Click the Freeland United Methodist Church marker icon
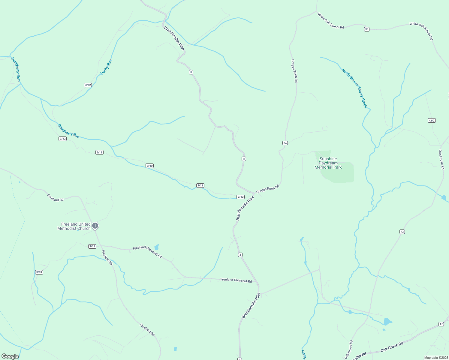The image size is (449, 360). [x=95, y=226]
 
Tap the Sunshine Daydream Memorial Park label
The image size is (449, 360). [x=328, y=163]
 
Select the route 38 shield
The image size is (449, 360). [x=366, y=29]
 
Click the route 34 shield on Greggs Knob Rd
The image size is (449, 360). [x=285, y=143]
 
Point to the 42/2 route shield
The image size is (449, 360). [x=432, y=121]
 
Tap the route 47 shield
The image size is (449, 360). [x=441, y=324]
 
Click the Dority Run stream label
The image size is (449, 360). [x=106, y=67]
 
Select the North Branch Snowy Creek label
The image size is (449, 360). [x=354, y=88]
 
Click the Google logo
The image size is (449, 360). [x=10, y=356]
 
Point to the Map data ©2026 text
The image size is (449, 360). [x=436, y=358]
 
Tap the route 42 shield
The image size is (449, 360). [x=402, y=232]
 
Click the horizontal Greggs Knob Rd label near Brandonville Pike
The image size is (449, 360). [x=267, y=189]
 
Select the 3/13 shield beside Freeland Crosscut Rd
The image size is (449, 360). [x=92, y=246]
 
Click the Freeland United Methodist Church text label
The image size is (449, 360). [x=74, y=226]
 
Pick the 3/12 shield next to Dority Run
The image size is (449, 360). [x=88, y=85]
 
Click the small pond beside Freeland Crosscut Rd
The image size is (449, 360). [x=156, y=247]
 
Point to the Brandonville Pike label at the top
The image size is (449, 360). [x=174, y=38]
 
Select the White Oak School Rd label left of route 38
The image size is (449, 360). [x=331, y=21]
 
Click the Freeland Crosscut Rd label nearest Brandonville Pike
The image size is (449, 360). [x=236, y=280]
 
